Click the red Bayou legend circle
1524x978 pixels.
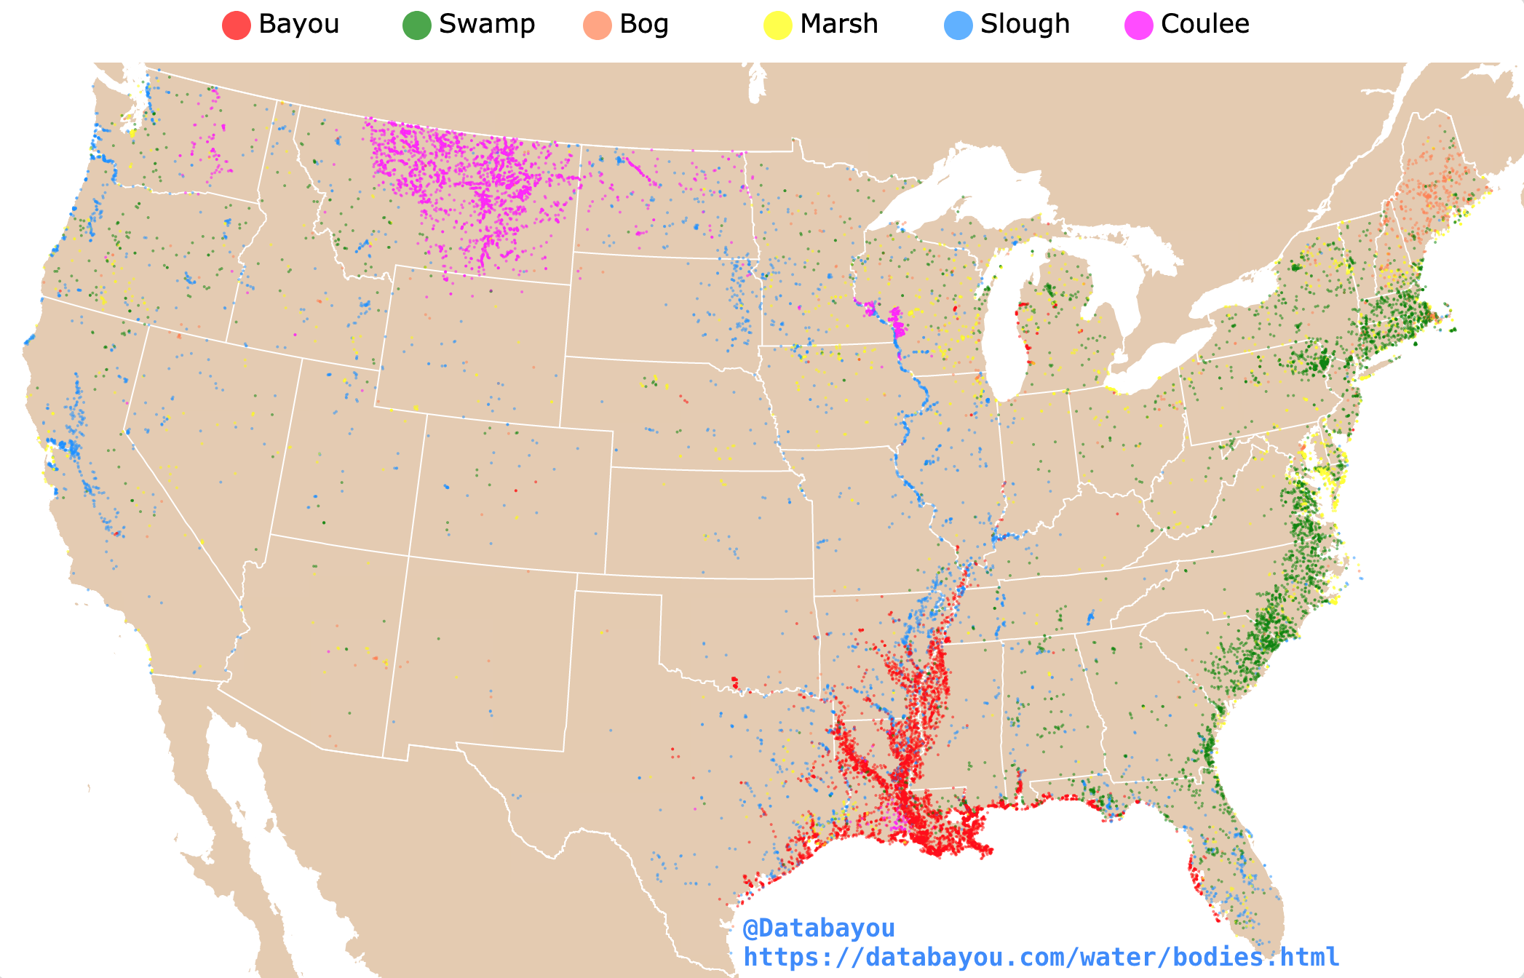236,25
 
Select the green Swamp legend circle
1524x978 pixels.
416,25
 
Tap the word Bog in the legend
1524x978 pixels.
643,24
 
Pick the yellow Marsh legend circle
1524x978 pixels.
777,25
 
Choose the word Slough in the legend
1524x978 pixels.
1024,24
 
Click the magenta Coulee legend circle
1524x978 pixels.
1138,25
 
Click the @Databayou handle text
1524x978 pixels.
818,929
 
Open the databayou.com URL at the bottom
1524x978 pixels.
1041,957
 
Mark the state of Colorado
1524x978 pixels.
509,495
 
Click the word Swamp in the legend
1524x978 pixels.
486,24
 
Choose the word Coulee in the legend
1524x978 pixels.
1204,24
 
